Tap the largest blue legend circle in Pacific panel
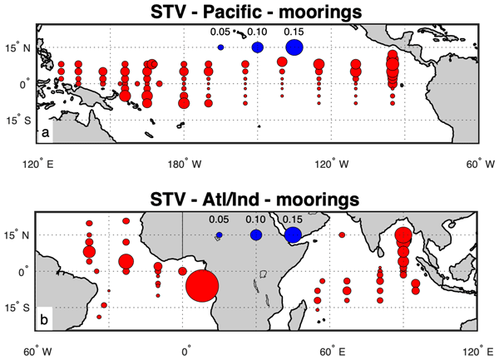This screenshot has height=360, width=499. click(294, 47)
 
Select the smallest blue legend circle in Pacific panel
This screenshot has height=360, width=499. click(220, 47)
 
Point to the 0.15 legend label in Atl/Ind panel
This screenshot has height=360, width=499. click(292, 219)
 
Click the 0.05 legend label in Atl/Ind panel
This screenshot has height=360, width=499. click(219, 219)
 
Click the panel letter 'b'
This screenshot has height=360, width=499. click(46, 321)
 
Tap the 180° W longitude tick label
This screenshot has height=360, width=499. click(184, 164)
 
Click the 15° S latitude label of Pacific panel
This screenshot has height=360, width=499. click(19, 120)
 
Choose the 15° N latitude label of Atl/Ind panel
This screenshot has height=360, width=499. click(19, 235)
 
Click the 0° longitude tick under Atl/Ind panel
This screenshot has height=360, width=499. click(183, 352)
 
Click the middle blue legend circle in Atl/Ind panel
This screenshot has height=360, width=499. click(256, 235)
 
